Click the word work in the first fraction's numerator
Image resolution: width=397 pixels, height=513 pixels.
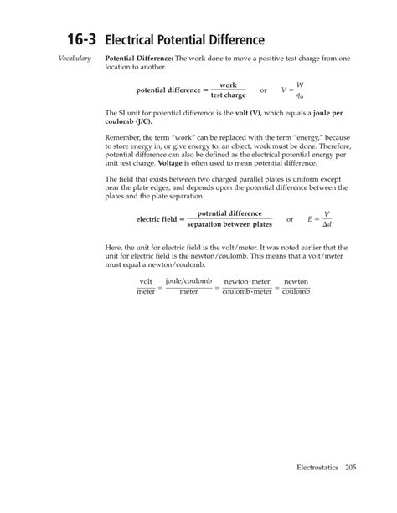227,85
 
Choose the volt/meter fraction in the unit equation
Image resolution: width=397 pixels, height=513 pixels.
146,286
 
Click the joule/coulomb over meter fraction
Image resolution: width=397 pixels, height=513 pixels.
188,286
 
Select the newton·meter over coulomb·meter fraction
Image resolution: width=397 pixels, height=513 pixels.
248,286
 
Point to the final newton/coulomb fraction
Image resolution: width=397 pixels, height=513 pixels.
296,286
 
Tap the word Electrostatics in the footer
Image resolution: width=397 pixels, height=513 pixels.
314,490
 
